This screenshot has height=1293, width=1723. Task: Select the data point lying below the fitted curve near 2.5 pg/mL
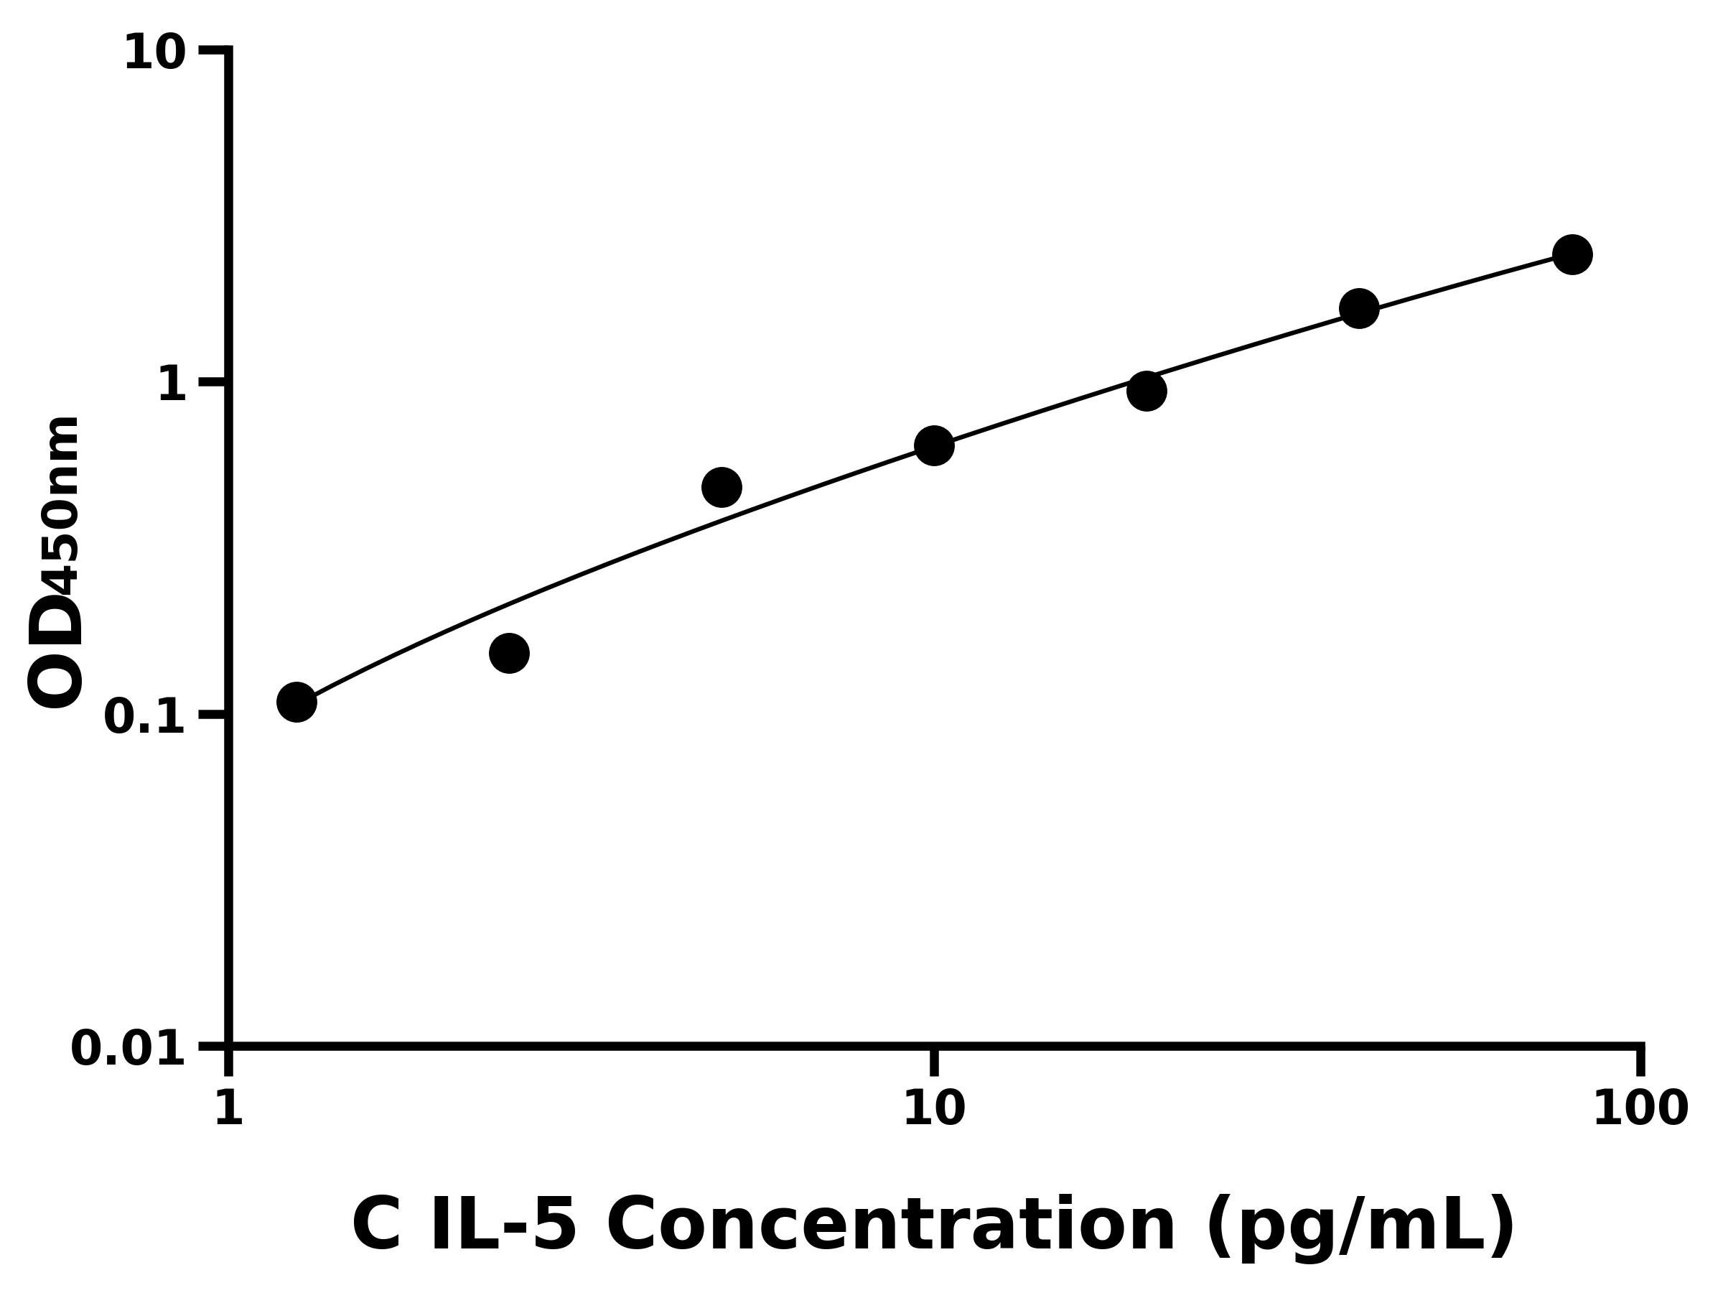click(x=510, y=653)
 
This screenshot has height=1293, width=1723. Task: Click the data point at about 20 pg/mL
click(x=1147, y=391)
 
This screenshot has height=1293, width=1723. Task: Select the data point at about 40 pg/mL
click(x=1359, y=309)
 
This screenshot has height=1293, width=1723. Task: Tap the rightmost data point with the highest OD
click(x=1573, y=255)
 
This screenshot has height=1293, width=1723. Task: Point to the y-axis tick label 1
click(x=172, y=385)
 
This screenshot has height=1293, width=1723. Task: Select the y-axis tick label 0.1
click(x=145, y=717)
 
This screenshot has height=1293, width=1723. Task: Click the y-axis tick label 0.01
click(x=129, y=1048)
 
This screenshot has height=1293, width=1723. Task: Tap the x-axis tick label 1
click(x=228, y=1108)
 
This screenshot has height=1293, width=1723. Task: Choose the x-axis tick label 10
click(x=934, y=1108)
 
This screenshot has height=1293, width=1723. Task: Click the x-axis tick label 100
click(x=1640, y=1108)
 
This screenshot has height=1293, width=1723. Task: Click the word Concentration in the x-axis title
click(x=890, y=1226)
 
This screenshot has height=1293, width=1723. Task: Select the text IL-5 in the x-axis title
click(x=503, y=1226)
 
